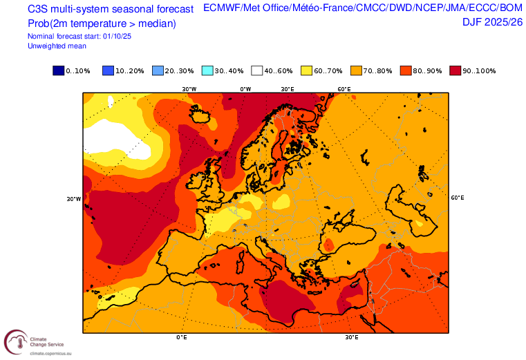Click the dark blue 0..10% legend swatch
coord(58,70)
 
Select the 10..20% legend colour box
coord(108,70)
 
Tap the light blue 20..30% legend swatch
coord(157,70)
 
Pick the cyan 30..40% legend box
coord(207,70)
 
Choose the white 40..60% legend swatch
coord(256,70)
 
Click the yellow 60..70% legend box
coord(306,70)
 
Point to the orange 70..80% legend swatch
coord(355,70)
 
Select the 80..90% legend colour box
coord(405,70)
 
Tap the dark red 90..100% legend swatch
coord(455,70)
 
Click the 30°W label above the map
coord(189,89)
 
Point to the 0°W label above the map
coord(245,89)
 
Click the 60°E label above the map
coord(344,89)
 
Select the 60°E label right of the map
coord(458,198)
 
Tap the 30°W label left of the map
coord(73,199)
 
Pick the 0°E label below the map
coord(182,338)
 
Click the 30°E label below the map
coord(352,338)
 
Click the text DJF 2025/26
coord(492,22)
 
